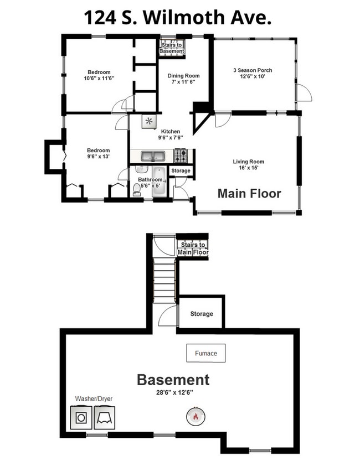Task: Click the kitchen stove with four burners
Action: coord(181,156)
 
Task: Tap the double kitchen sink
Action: coord(151,156)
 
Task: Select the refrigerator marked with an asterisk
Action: coord(148,121)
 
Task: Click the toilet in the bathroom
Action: coord(137,190)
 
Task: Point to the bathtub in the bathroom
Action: coord(158,183)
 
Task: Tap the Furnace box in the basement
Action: coord(205,353)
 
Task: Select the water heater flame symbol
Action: coord(194,416)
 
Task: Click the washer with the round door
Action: coord(81,417)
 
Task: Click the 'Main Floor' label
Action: coord(249,194)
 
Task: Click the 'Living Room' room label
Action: coord(248,162)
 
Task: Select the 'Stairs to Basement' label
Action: coord(171,48)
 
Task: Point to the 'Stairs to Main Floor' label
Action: coord(193,248)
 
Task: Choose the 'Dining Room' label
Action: coord(184,76)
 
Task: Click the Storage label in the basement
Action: coord(202,314)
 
